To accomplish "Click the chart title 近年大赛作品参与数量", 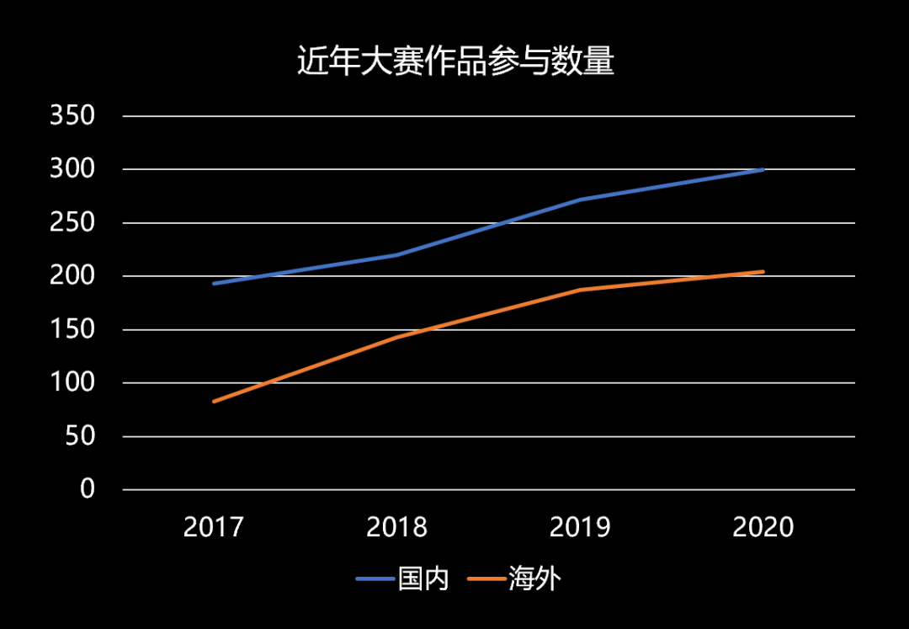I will (x=455, y=62).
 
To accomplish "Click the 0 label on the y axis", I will (x=88, y=489).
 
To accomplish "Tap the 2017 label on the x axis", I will (x=214, y=528).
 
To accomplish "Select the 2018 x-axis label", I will (x=396, y=528).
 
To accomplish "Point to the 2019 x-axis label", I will (x=580, y=528).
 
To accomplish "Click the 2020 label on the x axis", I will (x=763, y=528).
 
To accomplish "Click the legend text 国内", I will (x=423, y=579).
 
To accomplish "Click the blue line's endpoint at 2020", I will (x=763, y=170).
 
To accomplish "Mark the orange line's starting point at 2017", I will (x=215, y=402).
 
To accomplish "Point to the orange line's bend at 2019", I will (x=580, y=290).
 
